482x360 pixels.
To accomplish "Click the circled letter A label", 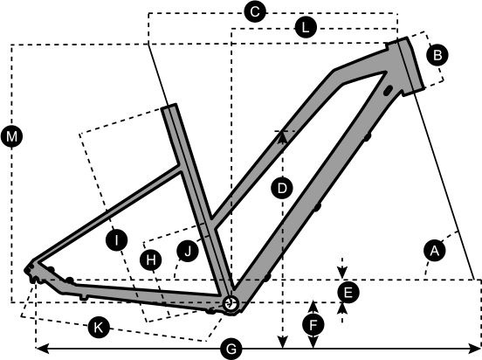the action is point(434,251).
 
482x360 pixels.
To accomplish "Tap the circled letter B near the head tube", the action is point(437,55).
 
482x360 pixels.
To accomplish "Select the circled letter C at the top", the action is point(255,12).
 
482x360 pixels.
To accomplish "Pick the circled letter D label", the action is point(282,188).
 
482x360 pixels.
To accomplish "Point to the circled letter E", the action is point(348,293).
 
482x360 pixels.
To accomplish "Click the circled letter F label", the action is point(313,325).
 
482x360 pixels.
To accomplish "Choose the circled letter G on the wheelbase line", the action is point(231,350).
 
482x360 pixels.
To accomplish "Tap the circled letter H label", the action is point(150,260).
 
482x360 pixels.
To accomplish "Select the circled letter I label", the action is point(116,239).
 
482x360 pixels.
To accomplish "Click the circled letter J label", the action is point(188,251).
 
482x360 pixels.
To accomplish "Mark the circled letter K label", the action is point(99,328).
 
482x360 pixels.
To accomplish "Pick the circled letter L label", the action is point(306,28).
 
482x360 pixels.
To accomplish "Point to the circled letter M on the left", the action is point(11,136).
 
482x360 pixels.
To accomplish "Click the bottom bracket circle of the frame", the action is point(231,304).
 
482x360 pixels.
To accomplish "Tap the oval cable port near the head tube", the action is point(389,90).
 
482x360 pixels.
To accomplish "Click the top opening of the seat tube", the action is point(169,107).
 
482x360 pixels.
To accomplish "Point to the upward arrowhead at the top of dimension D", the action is point(282,137).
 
